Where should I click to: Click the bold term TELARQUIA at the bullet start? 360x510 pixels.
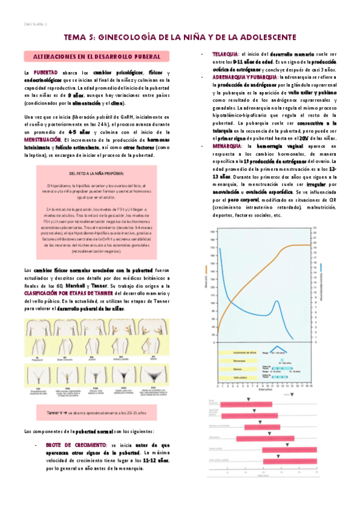coord(225,54)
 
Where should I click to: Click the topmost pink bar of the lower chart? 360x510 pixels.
coord(247,404)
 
